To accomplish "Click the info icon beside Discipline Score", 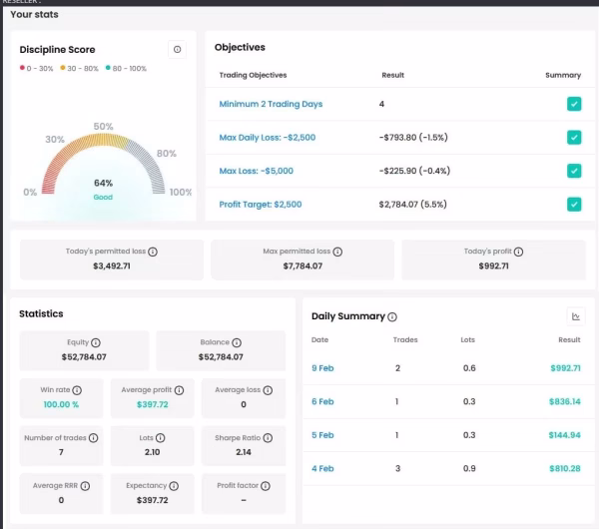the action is click(177, 49).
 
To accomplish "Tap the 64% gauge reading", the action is click(103, 183).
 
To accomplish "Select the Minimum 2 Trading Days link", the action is click(271, 104).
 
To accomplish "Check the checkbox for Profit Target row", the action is click(574, 205).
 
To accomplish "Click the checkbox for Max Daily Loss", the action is click(574, 138).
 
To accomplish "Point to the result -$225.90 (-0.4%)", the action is click(414, 171).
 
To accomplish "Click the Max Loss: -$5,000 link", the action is click(257, 171).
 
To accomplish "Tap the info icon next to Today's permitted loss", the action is click(153, 252).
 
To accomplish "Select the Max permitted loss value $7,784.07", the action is click(302, 265).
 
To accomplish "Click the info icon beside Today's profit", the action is click(518, 252).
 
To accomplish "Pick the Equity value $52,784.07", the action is click(84, 356).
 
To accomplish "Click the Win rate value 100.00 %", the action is click(61, 404).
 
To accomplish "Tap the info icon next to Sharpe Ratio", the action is click(268, 438).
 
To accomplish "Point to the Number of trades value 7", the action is click(61, 452).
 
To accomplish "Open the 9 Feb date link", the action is click(322, 368).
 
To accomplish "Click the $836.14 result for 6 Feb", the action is click(565, 401).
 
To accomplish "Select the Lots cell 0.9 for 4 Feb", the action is click(469, 469).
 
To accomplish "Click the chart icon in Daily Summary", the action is click(576, 316).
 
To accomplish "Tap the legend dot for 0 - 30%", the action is click(22, 68).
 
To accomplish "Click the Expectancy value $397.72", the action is click(153, 500).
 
